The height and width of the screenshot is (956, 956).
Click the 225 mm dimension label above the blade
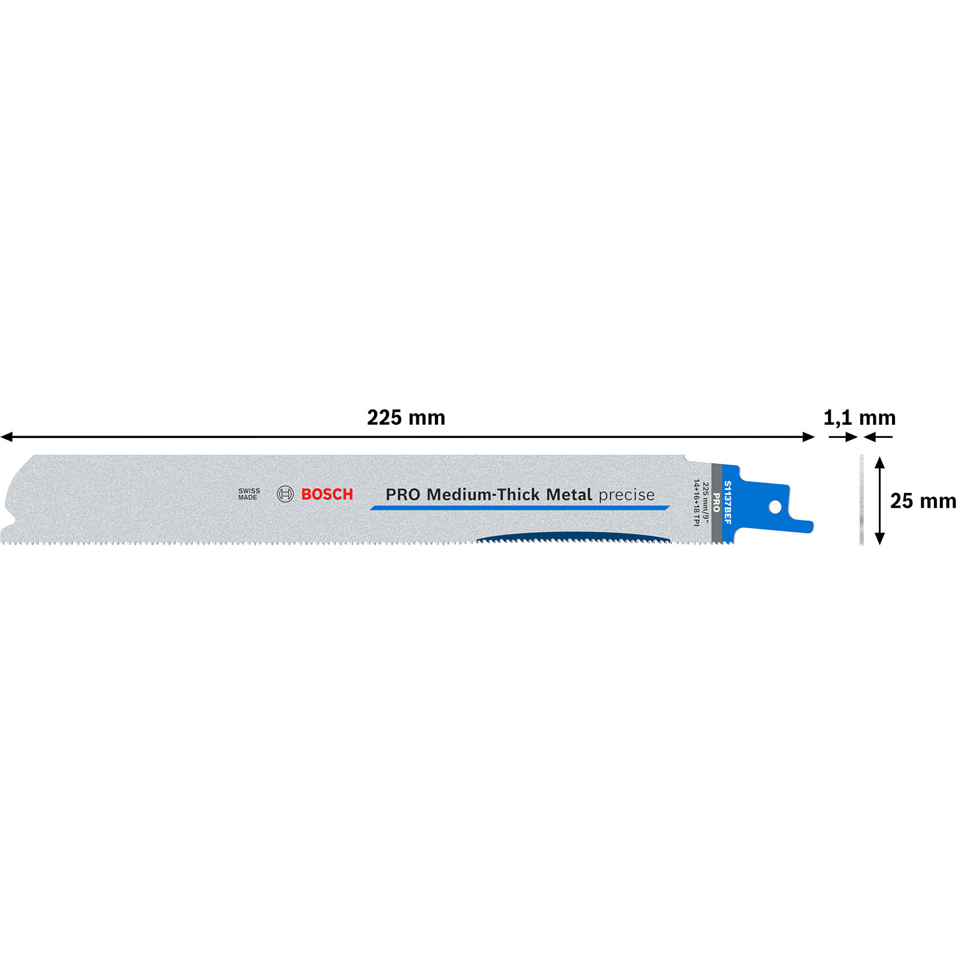(x=406, y=418)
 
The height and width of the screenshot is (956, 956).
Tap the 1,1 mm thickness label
(x=859, y=418)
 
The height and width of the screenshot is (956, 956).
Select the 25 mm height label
(x=923, y=501)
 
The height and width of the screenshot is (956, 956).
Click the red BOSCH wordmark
(x=327, y=494)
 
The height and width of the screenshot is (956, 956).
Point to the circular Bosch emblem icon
(x=285, y=494)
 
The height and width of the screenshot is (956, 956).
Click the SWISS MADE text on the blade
(x=249, y=494)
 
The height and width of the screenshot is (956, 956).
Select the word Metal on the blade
(x=569, y=495)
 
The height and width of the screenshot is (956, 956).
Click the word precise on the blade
(x=626, y=495)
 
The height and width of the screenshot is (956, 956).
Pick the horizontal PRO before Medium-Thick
(x=403, y=495)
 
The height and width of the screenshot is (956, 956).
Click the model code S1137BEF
(x=728, y=502)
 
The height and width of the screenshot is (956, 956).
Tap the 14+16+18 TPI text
(x=696, y=502)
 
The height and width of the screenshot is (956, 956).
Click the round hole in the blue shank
(x=775, y=507)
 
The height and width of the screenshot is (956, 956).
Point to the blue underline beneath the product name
(x=519, y=508)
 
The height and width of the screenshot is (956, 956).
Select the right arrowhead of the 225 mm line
(x=809, y=437)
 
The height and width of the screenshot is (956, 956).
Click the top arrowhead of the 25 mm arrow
(x=880, y=462)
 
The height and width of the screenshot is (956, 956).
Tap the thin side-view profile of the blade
(x=862, y=500)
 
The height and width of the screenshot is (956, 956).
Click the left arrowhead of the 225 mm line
(x=7, y=437)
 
